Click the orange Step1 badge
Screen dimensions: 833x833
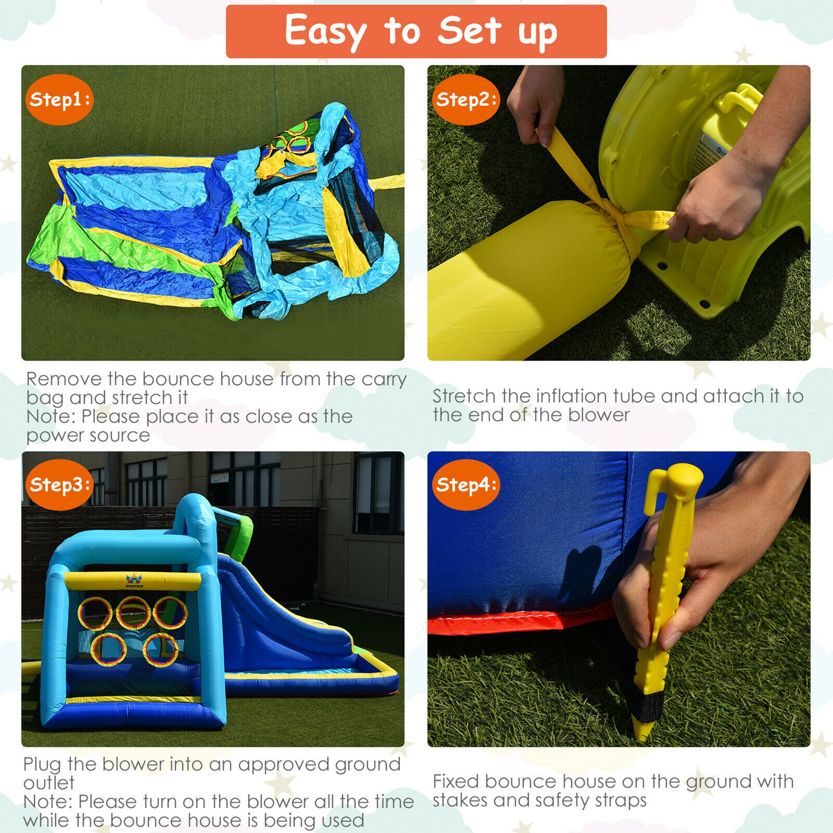click(59, 100)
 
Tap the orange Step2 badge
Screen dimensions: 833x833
click(466, 100)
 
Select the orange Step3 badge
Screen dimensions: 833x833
click(59, 485)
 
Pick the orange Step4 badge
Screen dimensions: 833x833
click(466, 485)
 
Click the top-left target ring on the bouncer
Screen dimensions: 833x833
click(95, 613)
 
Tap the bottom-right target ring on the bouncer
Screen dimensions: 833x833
click(161, 650)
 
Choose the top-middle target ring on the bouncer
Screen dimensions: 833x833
click(133, 613)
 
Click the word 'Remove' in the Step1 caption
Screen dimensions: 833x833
click(65, 379)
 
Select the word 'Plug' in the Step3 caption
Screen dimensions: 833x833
click(42, 765)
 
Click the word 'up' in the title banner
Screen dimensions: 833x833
click(538, 34)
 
